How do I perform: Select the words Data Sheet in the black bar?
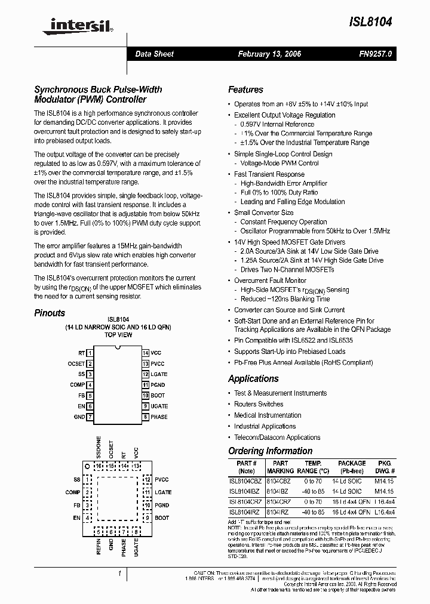(x=154, y=54)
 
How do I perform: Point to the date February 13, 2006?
(x=269, y=54)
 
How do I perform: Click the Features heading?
(x=245, y=90)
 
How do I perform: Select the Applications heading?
(x=253, y=378)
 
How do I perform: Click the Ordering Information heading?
(x=270, y=451)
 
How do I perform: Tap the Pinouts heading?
(x=50, y=313)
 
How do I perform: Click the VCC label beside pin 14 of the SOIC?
(x=156, y=353)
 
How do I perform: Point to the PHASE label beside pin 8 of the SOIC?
(x=159, y=417)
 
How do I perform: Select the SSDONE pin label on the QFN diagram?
(x=99, y=448)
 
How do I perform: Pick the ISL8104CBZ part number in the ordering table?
(x=245, y=480)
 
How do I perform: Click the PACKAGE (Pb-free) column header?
(x=352, y=467)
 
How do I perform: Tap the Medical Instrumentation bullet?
(x=267, y=415)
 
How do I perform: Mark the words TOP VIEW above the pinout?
(x=118, y=335)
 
